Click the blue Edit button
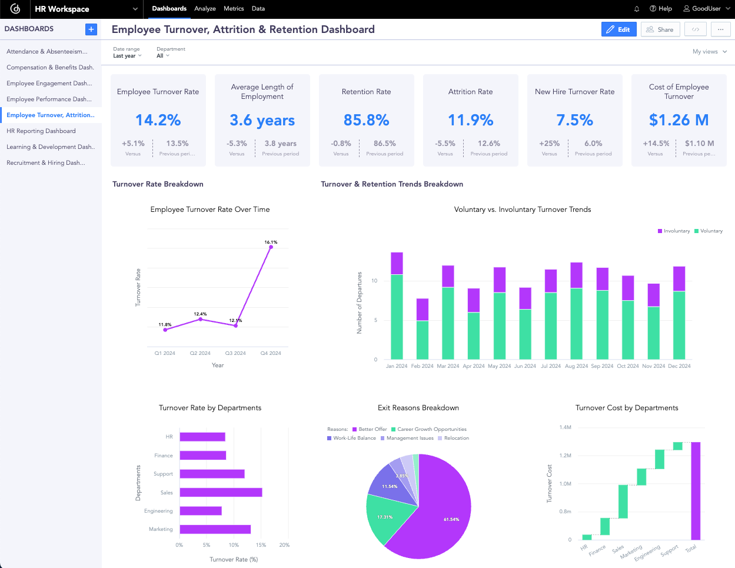(618, 29)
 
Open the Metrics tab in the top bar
(234, 9)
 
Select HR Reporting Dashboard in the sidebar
(41, 131)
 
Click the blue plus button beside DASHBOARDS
(91, 29)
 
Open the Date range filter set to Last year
(127, 56)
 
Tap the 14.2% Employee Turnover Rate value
(158, 120)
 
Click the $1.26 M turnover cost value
(679, 120)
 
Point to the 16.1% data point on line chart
(271, 247)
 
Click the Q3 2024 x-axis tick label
(235, 353)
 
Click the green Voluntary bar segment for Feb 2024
(423, 340)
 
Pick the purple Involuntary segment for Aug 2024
(576, 275)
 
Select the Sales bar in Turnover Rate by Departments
(221, 493)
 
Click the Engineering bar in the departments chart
(201, 511)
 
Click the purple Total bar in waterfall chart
(696, 490)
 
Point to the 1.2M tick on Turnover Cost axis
(565, 456)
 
